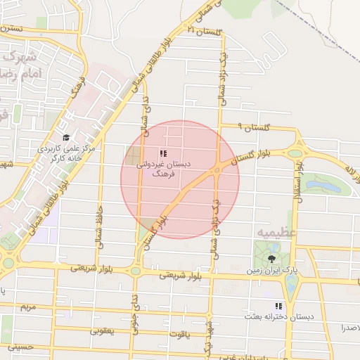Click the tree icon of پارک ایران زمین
[x=271, y=259]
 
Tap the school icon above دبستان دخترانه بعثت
[x=278, y=307]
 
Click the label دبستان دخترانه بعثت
[x=278, y=317]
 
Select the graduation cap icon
[x=66, y=138]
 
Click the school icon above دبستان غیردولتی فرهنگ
[x=163, y=153]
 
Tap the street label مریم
[x=27, y=307]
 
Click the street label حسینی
[x=20, y=347]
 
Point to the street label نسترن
[x=12, y=30]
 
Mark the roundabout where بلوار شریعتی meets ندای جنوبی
[x=135, y=271]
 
